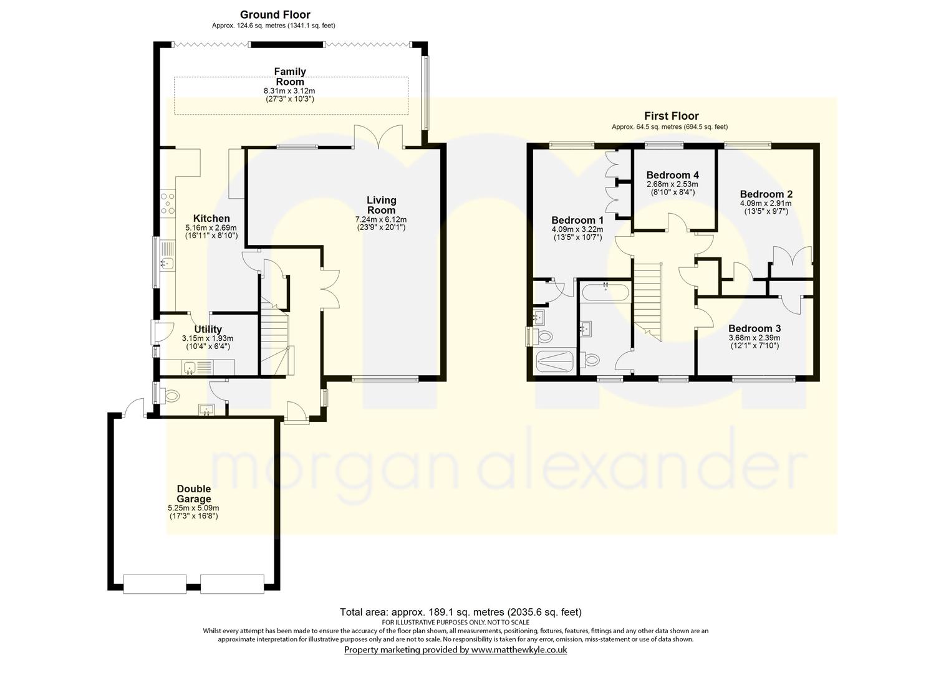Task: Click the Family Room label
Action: (290, 77)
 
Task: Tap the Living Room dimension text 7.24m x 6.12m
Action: (381, 219)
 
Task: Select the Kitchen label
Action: (211, 219)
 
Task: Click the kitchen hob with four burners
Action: (167, 203)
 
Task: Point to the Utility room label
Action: (208, 329)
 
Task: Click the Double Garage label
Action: (194, 494)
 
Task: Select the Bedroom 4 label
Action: (673, 174)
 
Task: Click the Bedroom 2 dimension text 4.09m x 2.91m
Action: (766, 203)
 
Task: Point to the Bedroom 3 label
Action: (755, 328)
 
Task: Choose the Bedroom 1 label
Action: (577, 220)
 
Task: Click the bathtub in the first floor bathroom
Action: (605, 293)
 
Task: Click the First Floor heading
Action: (672, 116)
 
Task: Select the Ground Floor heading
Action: (275, 15)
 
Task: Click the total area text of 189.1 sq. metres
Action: (461, 613)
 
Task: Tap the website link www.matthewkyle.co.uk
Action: (519, 650)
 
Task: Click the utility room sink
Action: (190, 367)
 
